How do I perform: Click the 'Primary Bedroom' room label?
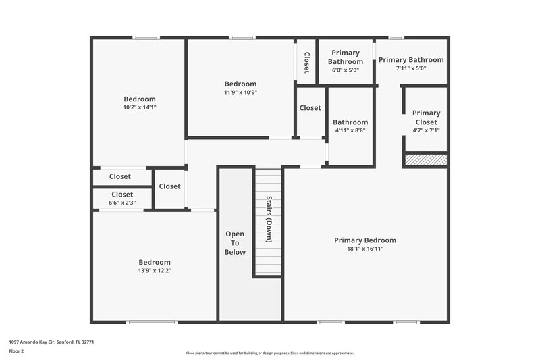pos(365,240)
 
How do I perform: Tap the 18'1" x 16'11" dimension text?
pos(365,249)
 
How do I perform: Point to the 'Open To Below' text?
pos(235,242)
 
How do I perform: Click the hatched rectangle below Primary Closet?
pos(425,160)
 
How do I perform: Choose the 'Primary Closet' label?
pos(426,118)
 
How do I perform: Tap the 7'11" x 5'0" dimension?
pos(411,68)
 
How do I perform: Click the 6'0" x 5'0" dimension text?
pos(346,70)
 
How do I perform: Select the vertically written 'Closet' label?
pos(306,62)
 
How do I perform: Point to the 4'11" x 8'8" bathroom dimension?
pos(350,131)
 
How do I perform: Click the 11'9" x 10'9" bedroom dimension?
pos(241,93)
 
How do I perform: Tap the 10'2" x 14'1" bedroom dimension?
pos(139,107)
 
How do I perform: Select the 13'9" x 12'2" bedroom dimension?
pos(155,271)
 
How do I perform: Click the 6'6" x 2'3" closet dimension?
pos(122,203)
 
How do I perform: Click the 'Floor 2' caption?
pos(16,351)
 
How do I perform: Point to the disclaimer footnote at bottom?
pos(269,353)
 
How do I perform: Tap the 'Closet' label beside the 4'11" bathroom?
pos(310,108)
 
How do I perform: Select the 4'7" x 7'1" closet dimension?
pos(426,131)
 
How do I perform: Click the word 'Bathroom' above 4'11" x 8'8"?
pos(350,122)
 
